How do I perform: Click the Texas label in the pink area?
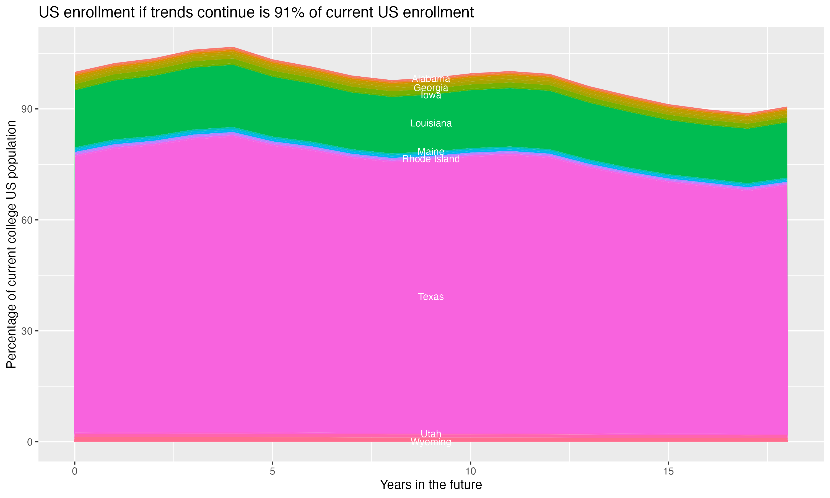pos(431,297)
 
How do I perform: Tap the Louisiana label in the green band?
pos(431,123)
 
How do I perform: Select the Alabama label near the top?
pos(431,79)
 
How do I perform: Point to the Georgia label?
pos(431,88)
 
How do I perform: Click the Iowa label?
pos(431,95)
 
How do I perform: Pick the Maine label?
pos(431,151)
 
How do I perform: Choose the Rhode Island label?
pos(431,159)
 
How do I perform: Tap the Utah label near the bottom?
pos(431,434)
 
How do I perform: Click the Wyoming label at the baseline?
pos(431,442)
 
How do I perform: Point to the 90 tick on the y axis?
pos(27,109)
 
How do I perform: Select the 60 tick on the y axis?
pos(27,220)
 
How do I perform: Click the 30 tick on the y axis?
pos(27,331)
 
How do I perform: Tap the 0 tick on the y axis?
pos(30,442)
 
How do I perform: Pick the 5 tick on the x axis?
pos(273,471)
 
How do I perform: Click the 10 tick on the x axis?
pos(471,471)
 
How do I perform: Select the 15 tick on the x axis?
pos(669,471)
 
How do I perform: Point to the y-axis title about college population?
pos(11,244)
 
